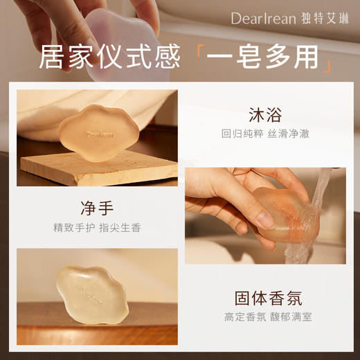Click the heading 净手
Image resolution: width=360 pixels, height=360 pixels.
[x=97, y=208]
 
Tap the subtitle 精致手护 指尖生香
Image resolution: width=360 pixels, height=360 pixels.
[x=97, y=227]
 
